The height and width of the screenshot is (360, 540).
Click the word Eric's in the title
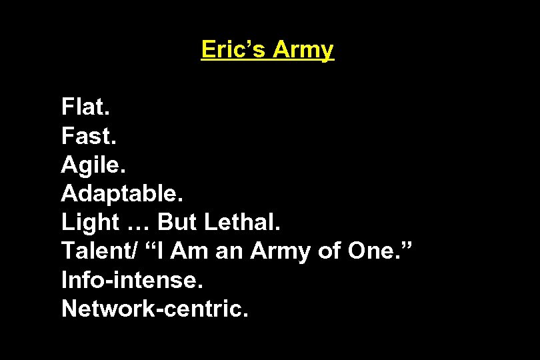coord(230,49)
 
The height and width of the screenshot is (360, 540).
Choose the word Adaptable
coord(121,194)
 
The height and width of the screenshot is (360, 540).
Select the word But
coord(177,223)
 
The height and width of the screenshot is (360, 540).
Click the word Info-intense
coord(132,280)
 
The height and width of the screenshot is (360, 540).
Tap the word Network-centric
coord(155,309)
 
